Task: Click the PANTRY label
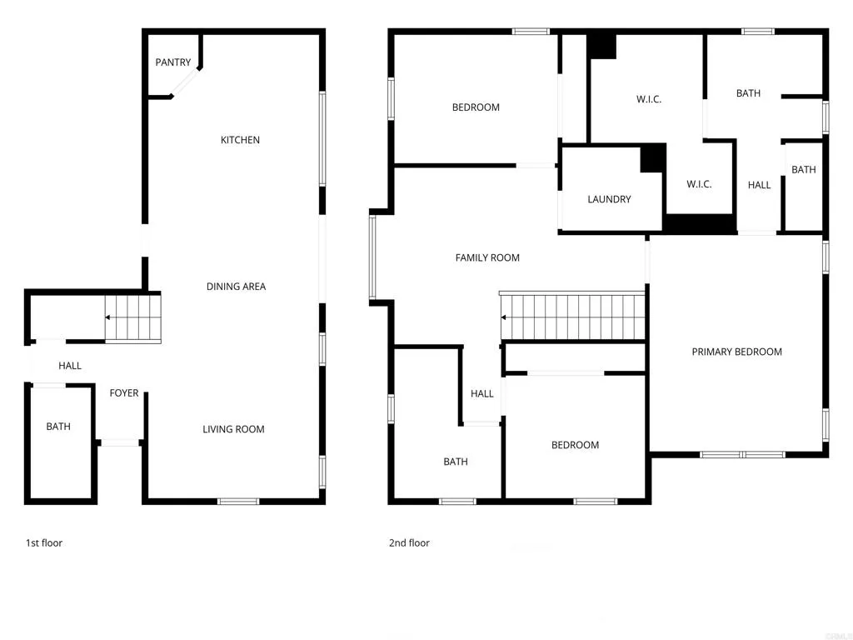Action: [173, 62]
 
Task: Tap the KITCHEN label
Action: [240, 140]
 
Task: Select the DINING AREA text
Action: [236, 287]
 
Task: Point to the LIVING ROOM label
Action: [233, 429]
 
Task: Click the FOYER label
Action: [124, 393]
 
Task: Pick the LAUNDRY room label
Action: [609, 199]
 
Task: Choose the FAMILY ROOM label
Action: [487, 258]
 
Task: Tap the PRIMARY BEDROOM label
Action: [736, 352]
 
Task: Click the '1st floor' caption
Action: [44, 543]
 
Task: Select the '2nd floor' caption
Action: [409, 543]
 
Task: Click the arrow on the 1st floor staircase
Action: [109, 317]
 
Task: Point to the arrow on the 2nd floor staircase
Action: [505, 317]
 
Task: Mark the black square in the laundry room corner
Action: [652, 158]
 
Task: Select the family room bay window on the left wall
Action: [372, 257]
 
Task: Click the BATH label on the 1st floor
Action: [58, 427]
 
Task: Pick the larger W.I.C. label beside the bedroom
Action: [649, 99]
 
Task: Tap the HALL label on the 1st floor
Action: [70, 366]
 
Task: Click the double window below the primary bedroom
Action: [742, 455]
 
